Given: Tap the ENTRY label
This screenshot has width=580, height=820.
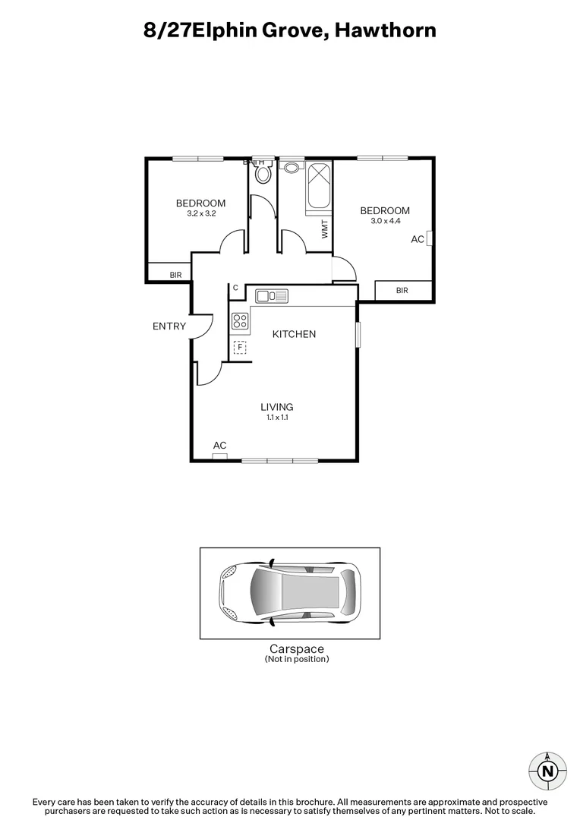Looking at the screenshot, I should pos(169,326).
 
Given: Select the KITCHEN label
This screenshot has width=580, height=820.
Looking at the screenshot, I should pos(294,334).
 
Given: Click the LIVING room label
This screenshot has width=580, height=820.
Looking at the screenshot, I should pos(277,407).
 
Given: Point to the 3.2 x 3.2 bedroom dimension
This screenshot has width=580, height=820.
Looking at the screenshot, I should pos(201,213).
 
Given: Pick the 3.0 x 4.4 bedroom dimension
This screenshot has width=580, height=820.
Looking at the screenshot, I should pos(385,221).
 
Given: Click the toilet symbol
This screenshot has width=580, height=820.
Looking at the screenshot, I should pos(263,174).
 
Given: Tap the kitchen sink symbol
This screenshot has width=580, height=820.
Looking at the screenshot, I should pos(271,295).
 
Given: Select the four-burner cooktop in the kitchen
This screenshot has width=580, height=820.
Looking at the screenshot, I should pos(241,320).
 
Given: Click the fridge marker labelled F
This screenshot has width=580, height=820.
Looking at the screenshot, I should pos(240,348).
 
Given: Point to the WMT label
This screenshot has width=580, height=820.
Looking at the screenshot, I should pos(325,229).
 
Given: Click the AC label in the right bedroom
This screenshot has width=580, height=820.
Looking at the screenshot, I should pos(417,239).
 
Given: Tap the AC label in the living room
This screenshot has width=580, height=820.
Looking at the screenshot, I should pos(220,446).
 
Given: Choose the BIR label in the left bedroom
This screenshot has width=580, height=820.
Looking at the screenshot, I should pos(175,275).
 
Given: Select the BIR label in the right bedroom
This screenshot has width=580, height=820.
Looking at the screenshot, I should pos(402,290).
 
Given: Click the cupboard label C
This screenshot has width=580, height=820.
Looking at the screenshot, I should pos(235,288).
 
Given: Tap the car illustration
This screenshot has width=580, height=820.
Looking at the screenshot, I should pos(289,594).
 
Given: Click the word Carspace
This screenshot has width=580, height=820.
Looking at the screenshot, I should pos(297,649).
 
